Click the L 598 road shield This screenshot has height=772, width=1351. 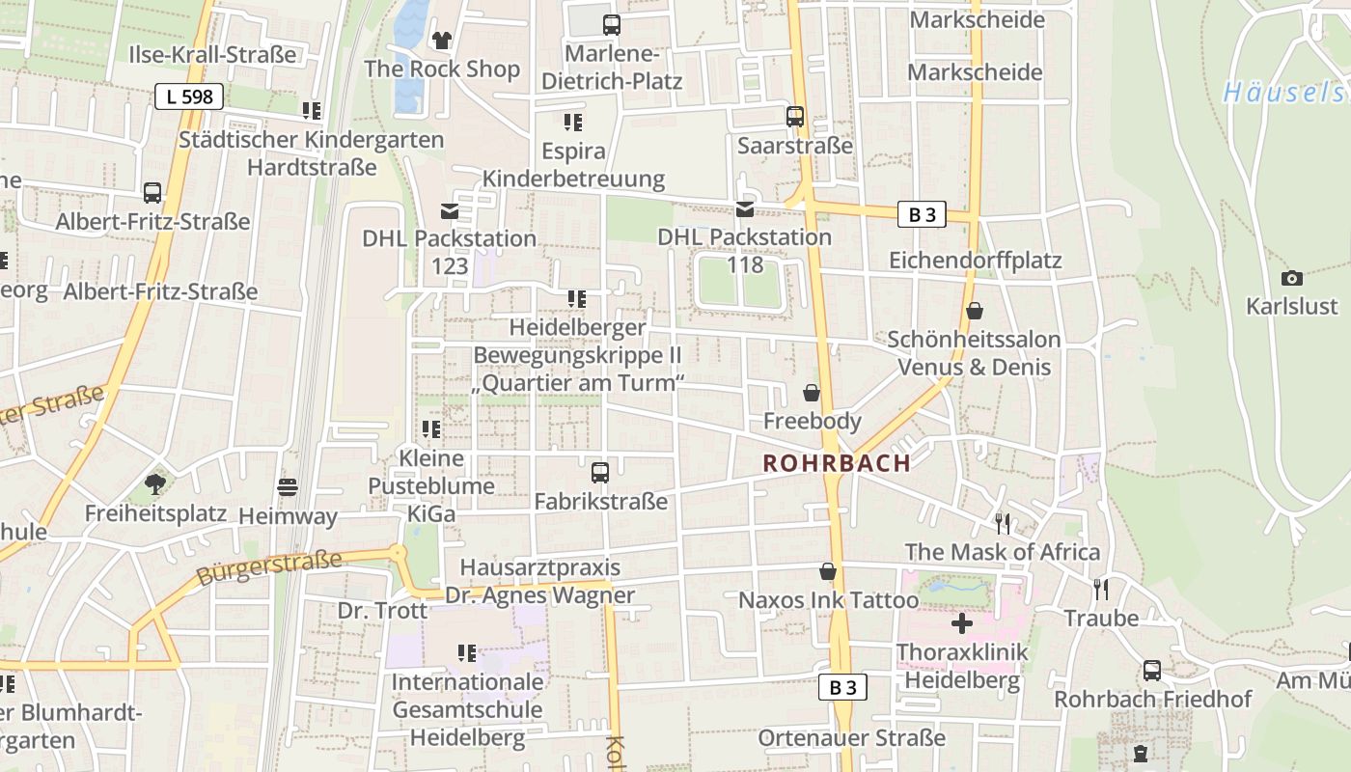(189, 96)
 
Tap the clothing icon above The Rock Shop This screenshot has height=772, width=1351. (442, 40)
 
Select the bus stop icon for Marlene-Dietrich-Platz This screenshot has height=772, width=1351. (611, 25)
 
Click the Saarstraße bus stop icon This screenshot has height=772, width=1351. (795, 117)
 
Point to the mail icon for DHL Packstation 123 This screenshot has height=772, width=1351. (450, 210)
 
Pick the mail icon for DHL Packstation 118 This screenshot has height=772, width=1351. (745, 209)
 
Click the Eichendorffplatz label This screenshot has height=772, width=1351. (975, 261)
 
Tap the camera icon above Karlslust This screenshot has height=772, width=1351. (1292, 279)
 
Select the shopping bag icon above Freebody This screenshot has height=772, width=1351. (812, 394)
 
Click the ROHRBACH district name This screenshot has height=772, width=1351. (837, 463)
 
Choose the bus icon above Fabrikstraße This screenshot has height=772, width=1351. (600, 473)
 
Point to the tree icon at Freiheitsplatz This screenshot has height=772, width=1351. (154, 483)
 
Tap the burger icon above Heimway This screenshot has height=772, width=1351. (288, 487)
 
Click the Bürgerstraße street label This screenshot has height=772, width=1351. (269, 567)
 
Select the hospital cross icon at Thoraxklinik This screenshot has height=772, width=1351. (962, 623)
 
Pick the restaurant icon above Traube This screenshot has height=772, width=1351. (1100, 589)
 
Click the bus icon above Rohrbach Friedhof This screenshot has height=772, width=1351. (1152, 671)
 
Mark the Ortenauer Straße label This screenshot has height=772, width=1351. (852, 738)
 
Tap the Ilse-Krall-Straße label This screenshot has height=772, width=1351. (212, 54)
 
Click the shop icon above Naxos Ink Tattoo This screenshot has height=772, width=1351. (827, 571)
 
